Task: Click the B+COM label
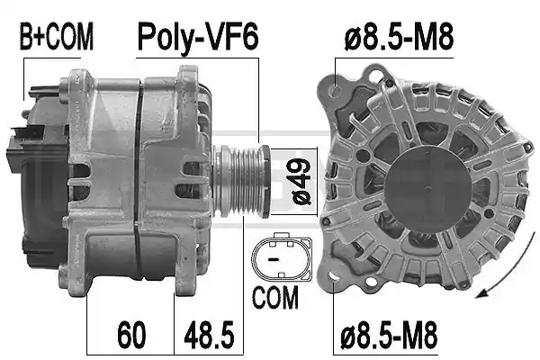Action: [57, 37]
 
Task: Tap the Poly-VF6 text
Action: [198, 37]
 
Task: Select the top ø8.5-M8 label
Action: [399, 37]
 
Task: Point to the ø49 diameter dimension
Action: [301, 182]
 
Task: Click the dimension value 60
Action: [131, 334]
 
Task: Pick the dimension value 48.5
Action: [209, 334]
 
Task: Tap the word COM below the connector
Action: [275, 297]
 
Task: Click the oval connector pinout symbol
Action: [282, 256]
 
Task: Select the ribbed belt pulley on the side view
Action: [241, 182]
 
